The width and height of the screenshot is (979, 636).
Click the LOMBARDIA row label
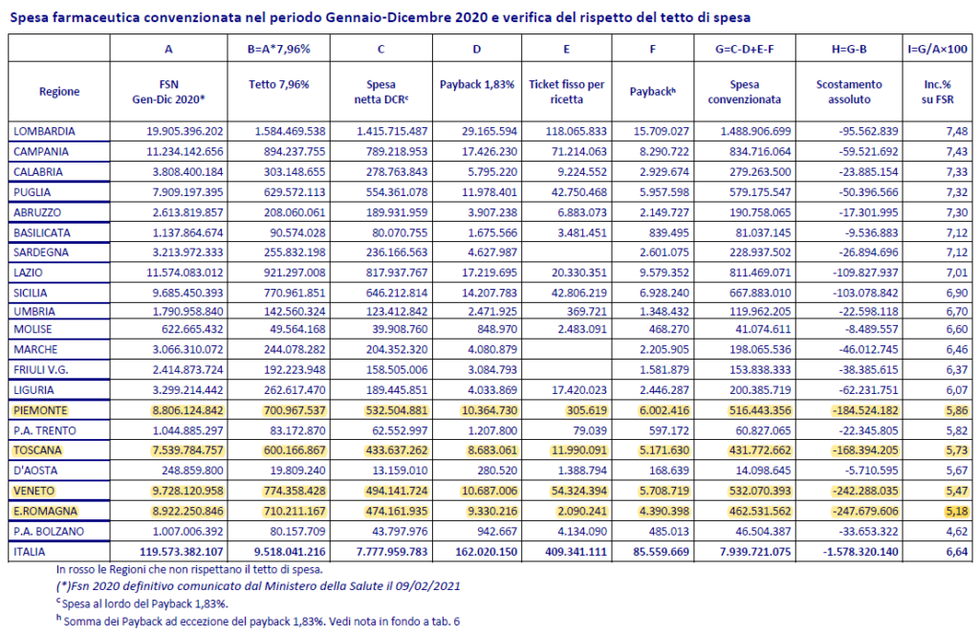[x=44, y=131]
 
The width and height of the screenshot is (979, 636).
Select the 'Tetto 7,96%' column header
[x=278, y=84]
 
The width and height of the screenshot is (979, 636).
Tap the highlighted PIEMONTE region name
[x=40, y=410]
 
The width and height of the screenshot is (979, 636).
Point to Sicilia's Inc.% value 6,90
[x=956, y=293]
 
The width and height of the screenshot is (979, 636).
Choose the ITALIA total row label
[x=30, y=552]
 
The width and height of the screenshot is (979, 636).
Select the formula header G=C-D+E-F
[x=744, y=49]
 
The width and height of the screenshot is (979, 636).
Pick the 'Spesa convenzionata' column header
[x=744, y=92]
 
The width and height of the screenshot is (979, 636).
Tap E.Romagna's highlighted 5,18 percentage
[x=956, y=511]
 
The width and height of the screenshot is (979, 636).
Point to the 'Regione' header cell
[x=59, y=91]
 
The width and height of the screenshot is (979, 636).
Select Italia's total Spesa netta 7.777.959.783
[x=392, y=552]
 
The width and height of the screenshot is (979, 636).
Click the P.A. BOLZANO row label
[x=49, y=531]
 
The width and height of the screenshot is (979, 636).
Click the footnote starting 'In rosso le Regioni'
[x=189, y=569]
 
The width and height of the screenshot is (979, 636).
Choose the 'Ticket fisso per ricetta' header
[x=566, y=92]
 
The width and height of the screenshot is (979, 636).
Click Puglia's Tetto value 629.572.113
[x=294, y=192]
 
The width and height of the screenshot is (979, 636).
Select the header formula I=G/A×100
[x=937, y=49]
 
